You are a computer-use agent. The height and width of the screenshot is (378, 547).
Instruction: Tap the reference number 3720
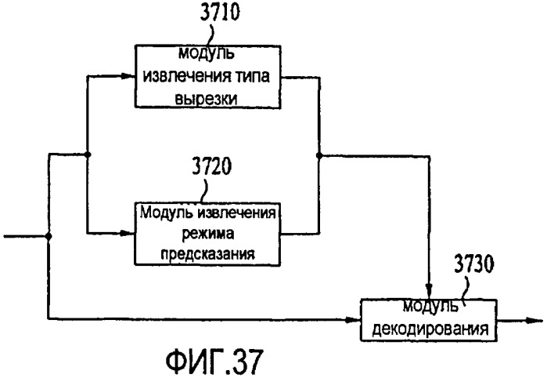212,166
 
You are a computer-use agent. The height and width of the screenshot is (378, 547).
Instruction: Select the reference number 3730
474,264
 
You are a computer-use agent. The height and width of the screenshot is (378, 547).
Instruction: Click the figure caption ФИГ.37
214,361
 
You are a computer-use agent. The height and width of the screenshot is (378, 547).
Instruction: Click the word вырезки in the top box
206,99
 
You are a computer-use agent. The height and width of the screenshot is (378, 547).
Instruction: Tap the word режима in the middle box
208,234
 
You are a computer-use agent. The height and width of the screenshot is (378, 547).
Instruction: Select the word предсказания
207,254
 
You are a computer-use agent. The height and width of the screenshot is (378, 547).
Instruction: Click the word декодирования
430,329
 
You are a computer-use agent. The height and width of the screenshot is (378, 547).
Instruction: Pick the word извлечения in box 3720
236,213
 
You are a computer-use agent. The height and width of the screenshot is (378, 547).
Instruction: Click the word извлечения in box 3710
187,76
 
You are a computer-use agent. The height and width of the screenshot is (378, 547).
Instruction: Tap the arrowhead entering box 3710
128,76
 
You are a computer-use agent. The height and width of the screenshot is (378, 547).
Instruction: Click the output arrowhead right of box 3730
534,320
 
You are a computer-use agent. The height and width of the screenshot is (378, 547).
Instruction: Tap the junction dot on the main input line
49,237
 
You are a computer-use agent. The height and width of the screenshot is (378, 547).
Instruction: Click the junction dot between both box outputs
318,155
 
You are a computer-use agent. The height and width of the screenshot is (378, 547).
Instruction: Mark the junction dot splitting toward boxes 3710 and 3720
88,154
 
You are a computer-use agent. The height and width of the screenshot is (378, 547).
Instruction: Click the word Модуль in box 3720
167,213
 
